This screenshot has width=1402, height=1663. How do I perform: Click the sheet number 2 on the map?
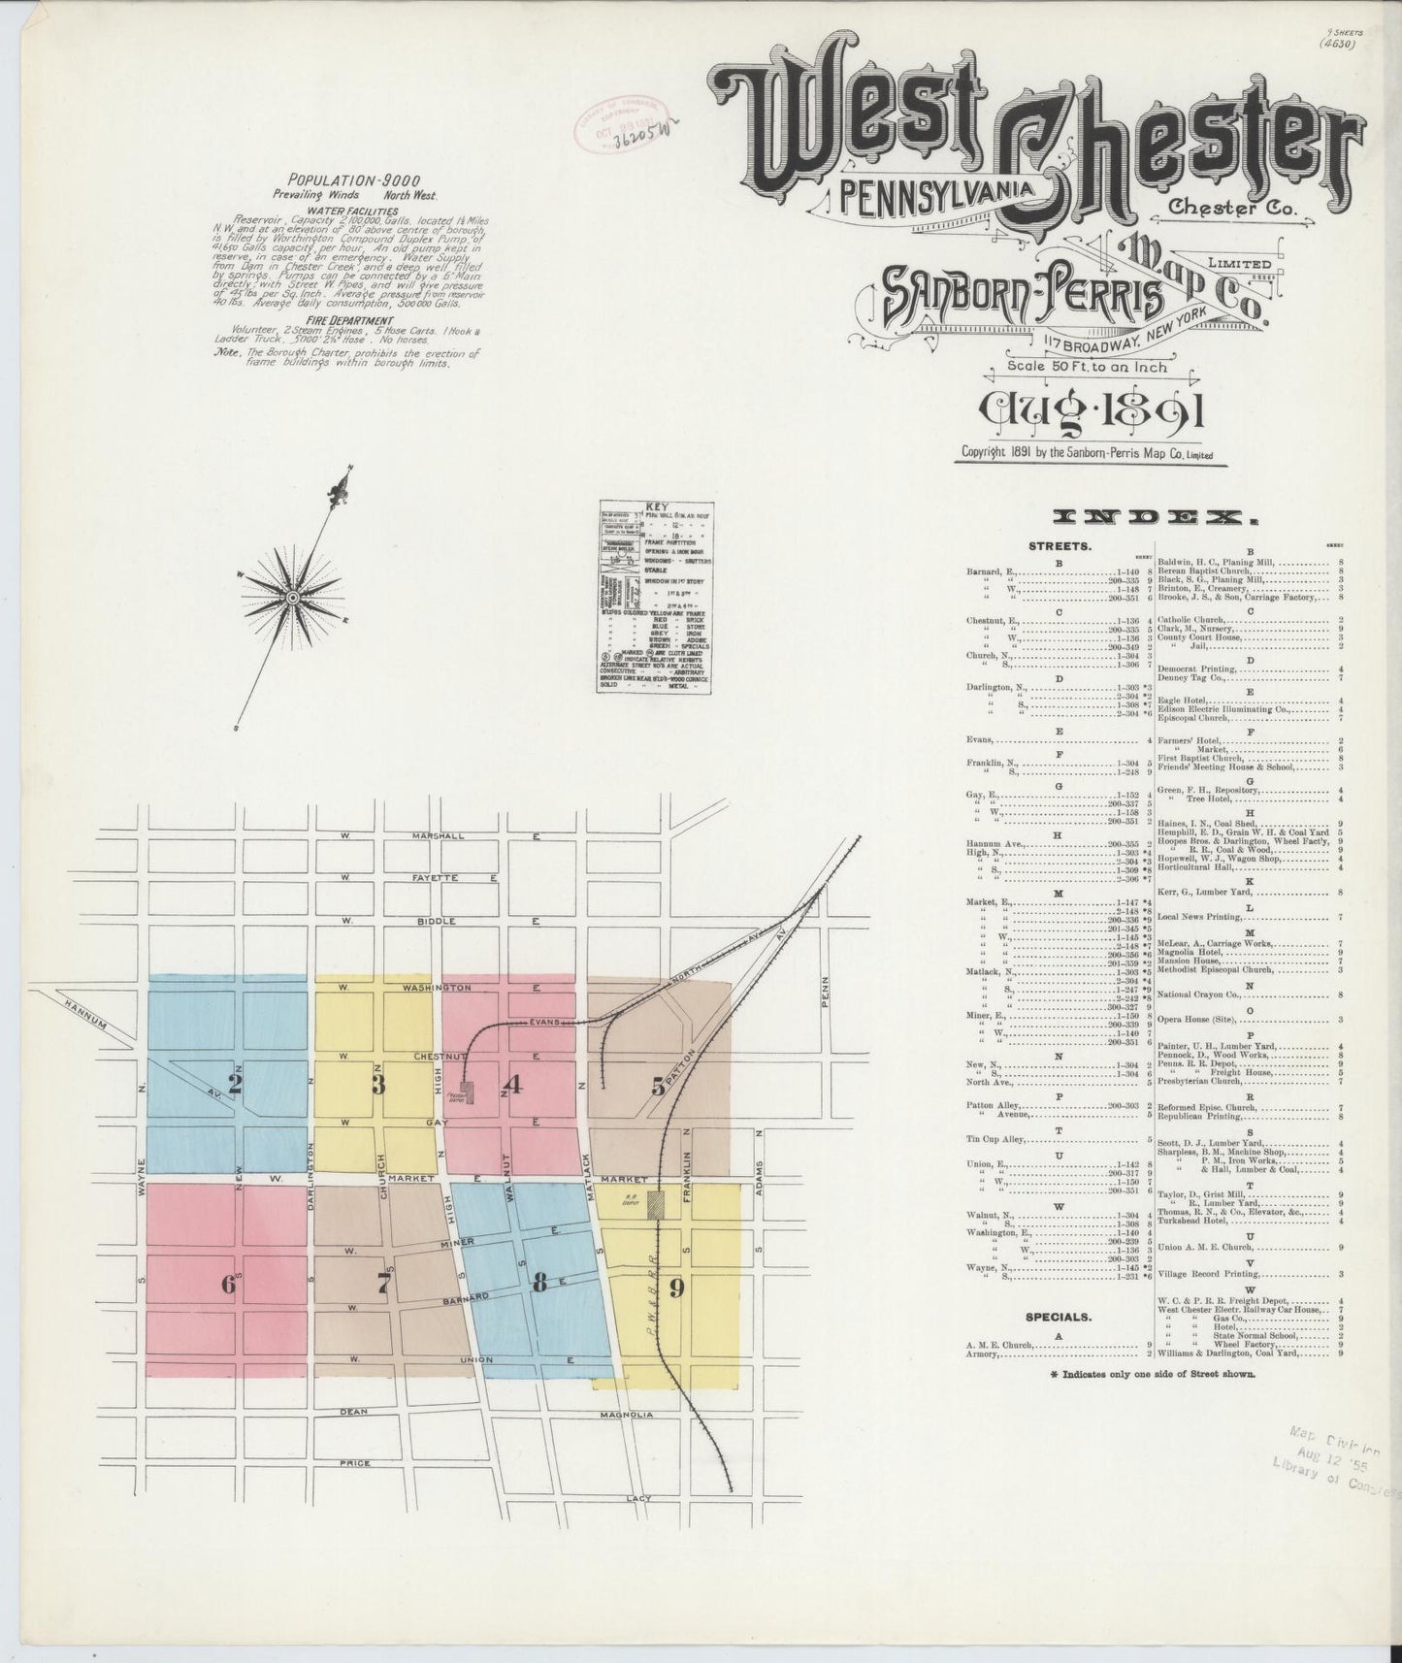tap(234, 1083)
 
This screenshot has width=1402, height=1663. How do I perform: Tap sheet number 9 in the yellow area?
tap(676, 1288)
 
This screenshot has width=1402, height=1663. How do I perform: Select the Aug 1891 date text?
tap(1092, 411)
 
